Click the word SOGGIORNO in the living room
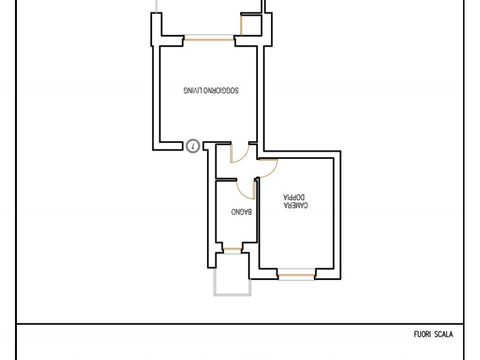tap(221, 90)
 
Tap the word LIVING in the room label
tap(193, 90)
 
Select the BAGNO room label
tap(241, 211)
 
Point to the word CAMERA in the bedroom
tap(296, 205)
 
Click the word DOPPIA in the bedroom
tap(294, 197)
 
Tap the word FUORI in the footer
tap(422, 334)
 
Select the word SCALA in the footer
tap(443, 334)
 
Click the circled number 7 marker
tap(193, 146)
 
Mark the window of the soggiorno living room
tap(209, 37)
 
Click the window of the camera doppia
tap(296, 275)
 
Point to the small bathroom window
tap(232, 250)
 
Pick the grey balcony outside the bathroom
tap(232, 282)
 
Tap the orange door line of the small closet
tap(241, 25)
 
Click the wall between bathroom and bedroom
tap(257, 211)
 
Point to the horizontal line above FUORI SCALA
tap(240, 323)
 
